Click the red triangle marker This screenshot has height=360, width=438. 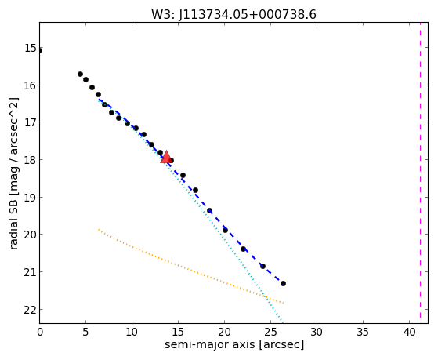[x=166, y=157]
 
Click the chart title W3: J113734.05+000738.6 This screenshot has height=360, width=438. [x=233, y=14]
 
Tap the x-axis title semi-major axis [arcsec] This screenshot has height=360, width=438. [x=234, y=344]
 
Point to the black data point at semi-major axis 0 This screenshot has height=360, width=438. [x=40, y=51]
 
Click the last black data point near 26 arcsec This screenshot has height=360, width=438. [x=283, y=283]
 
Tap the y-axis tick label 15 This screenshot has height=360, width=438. [x=31, y=48]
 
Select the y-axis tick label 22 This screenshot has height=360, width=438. [x=31, y=310]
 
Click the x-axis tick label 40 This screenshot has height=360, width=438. [x=409, y=333]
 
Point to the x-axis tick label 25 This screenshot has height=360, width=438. [x=270, y=333]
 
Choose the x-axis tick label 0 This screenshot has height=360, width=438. [x=40, y=333]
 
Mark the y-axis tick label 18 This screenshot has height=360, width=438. [x=31, y=160]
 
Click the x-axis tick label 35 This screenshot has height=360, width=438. [x=363, y=333]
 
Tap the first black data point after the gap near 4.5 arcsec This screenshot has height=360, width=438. [x=80, y=75]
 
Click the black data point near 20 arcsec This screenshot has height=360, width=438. [x=225, y=231]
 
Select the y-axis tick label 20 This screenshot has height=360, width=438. [x=31, y=235]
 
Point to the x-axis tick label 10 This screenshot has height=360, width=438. [x=132, y=333]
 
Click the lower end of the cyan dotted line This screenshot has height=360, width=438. [x=282, y=322]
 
